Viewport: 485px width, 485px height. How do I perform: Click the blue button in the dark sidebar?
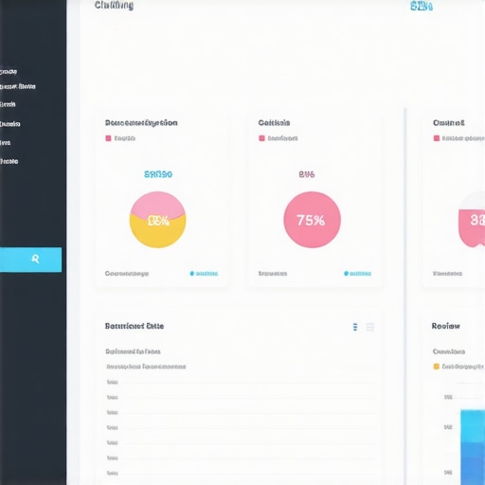[x=31, y=260]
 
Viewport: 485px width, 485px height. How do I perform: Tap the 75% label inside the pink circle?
[x=311, y=220]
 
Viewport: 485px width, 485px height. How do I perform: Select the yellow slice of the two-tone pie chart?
[x=157, y=232]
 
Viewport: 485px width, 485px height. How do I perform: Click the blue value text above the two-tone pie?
[x=157, y=174]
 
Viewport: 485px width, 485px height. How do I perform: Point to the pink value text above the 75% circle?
[x=307, y=174]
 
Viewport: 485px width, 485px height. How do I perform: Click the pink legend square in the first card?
[x=108, y=138]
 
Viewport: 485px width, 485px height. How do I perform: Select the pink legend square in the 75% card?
[x=261, y=138]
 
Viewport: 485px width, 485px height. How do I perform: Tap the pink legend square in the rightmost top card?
[x=436, y=138]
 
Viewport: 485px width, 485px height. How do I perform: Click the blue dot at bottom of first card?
[x=191, y=274]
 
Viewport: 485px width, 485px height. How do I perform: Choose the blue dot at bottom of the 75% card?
[x=345, y=274]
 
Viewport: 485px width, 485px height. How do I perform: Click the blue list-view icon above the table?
[x=355, y=327]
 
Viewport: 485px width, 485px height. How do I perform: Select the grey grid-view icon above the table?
[x=370, y=327]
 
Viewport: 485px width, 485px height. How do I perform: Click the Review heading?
[x=445, y=326]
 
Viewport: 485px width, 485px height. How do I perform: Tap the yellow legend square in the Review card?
[x=436, y=366]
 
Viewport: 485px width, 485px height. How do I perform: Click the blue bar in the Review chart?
[x=472, y=445]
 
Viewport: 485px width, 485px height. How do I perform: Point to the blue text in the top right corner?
[x=422, y=7]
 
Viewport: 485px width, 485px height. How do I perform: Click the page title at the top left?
[x=115, y=6]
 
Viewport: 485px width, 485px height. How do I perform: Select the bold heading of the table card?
[x=134, y=326]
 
